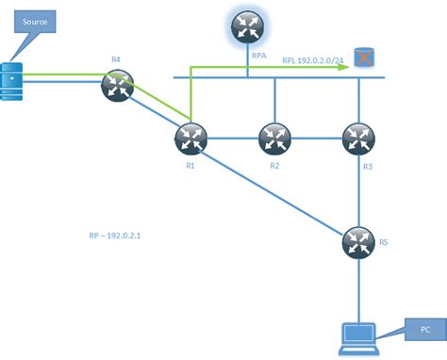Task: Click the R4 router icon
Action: pyautogui.click(x=117, y=88)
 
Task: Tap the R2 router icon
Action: pyautogui.click(x=274, y=139)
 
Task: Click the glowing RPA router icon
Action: pyautogui.click(x=248, y=27)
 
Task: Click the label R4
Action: pyautogui.click(x=116, y=59)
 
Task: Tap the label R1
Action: pyautogui.click(x=190, y=166)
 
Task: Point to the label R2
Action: pyautogui.click(x=274, y=166)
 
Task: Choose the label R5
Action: pyautogui.click(x=382, y=242)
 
